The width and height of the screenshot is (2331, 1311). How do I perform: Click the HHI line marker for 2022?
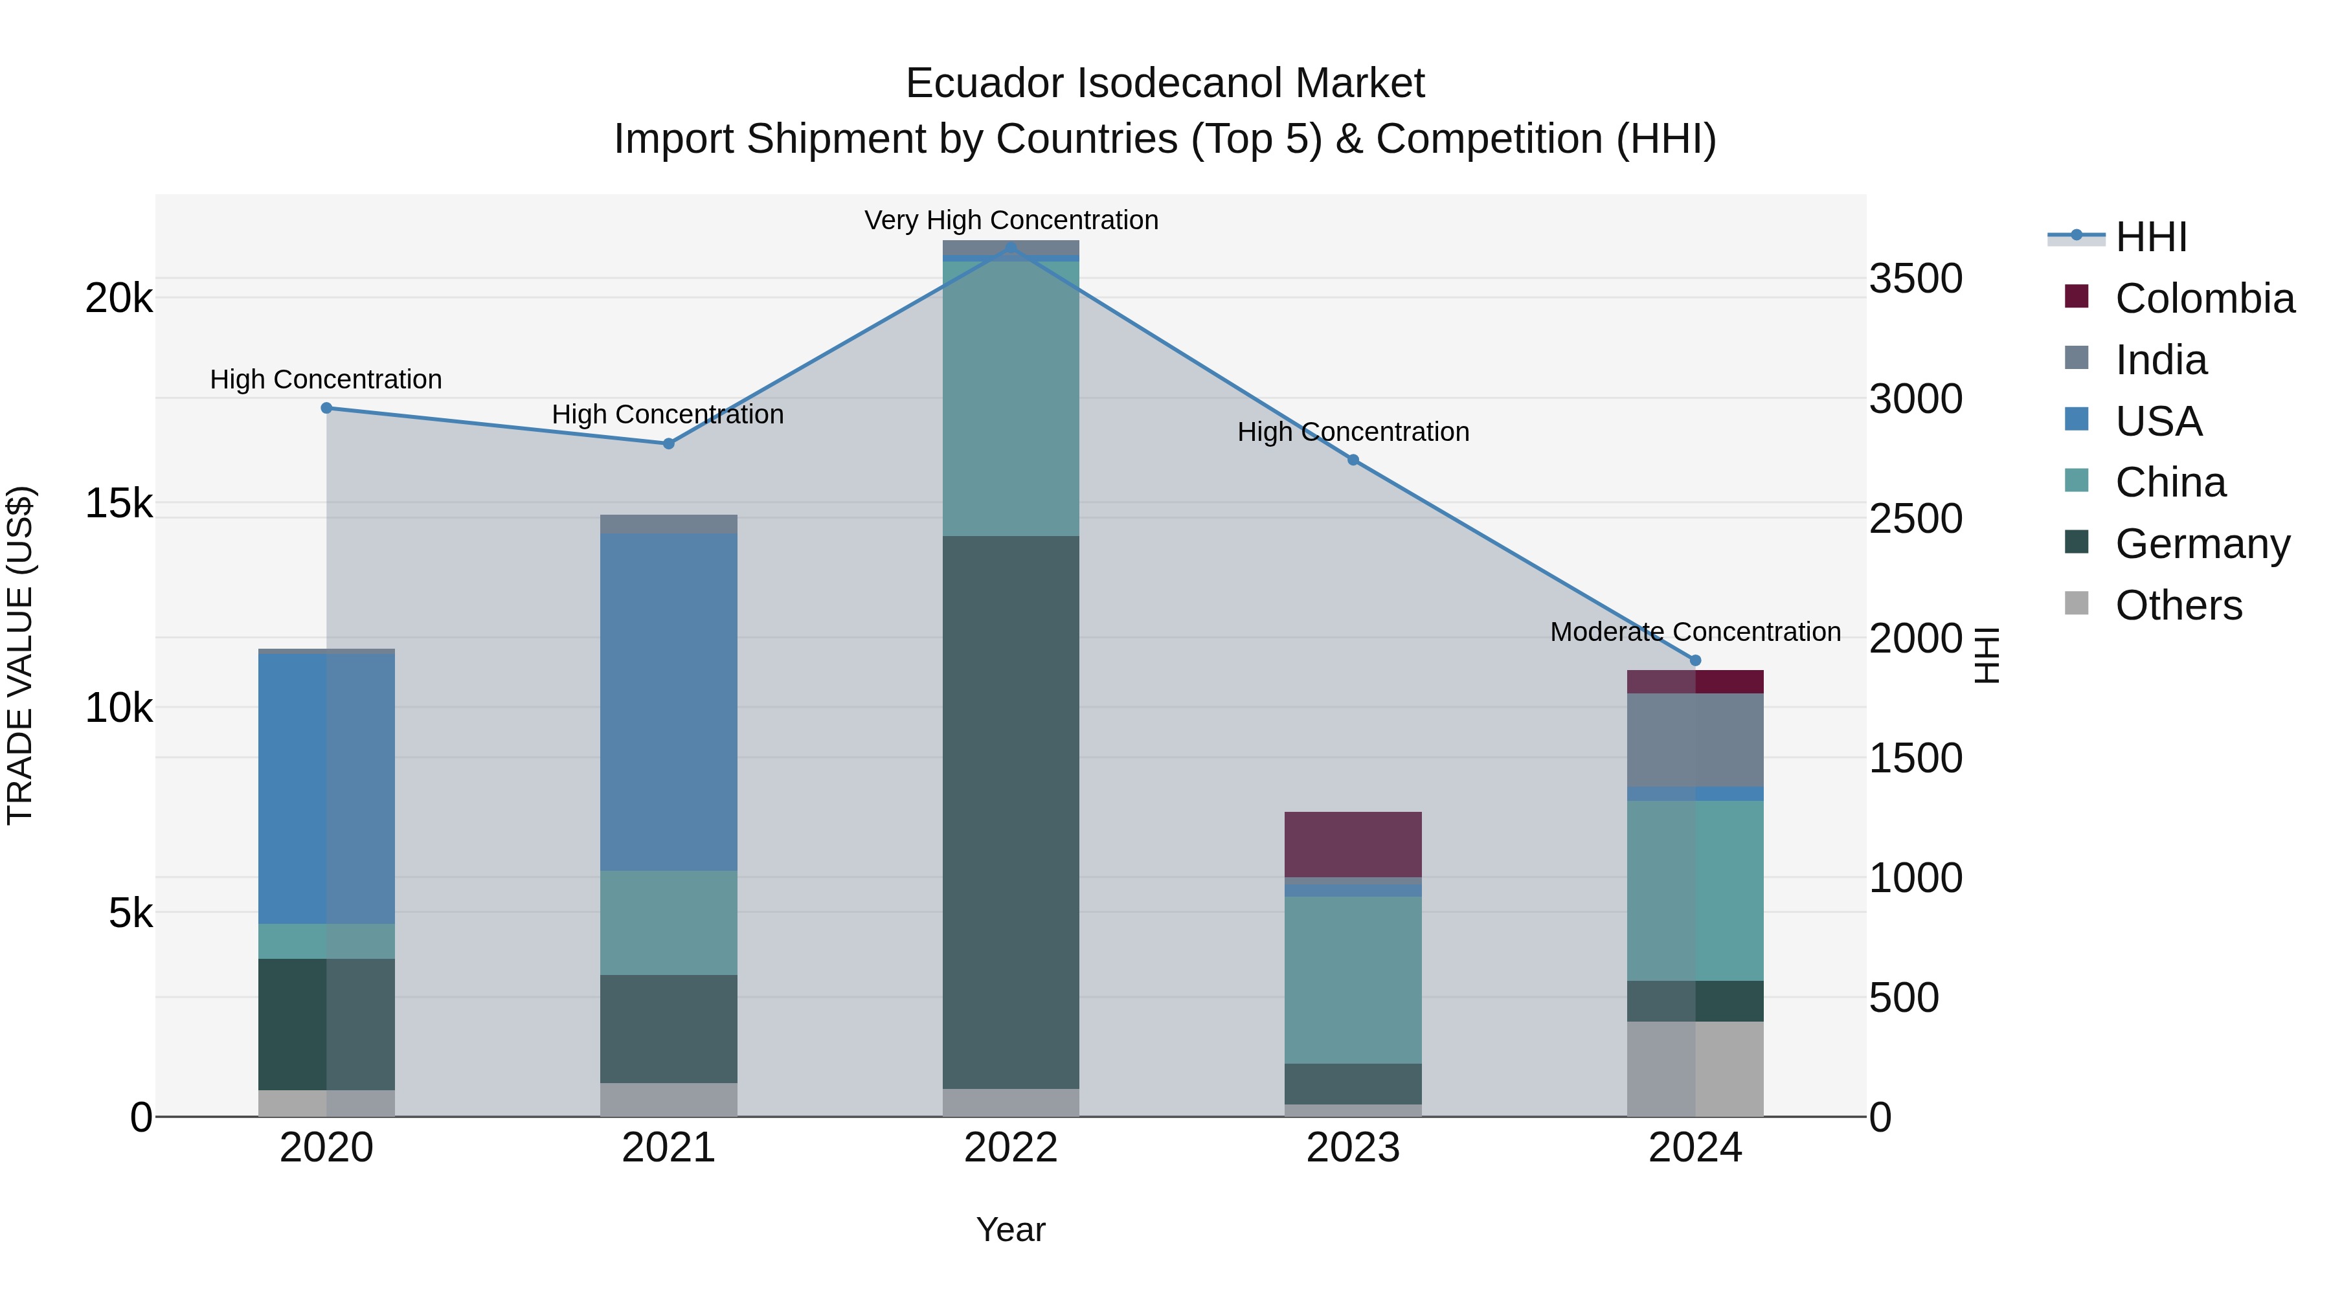coord(1011,246)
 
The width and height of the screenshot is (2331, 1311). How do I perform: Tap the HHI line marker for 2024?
coord(1695,660)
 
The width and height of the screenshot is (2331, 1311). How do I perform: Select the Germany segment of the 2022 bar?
coord(1011,812)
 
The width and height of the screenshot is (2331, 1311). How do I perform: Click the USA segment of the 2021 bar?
coord(669,701)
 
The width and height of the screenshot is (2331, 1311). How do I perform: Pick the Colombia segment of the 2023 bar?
coord(1353,844)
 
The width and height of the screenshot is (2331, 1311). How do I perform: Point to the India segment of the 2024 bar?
coord(1695,739)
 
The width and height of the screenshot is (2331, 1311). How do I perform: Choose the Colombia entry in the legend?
coord(2203,298)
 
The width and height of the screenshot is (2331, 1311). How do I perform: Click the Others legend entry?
coord(2177,605)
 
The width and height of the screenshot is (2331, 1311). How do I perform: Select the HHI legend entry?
coord(2150,237)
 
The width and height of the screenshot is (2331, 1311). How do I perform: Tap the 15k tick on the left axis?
coord(118,504)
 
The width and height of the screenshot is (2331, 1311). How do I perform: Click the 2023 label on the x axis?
coord(1353,1148)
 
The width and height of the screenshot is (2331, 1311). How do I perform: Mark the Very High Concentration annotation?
coord(1011,220)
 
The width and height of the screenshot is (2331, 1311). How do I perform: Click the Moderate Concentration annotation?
coord(1695,631)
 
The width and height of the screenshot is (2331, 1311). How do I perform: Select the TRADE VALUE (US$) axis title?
coord(20,655)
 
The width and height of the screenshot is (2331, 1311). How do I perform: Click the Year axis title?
coord(1011,1229)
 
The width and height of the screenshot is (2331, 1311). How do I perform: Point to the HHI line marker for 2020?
coord(327,408)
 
